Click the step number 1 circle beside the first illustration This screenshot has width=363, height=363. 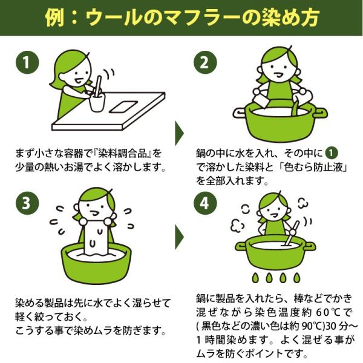click(x=27, y=62)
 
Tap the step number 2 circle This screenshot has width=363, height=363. click(x=205, y=62)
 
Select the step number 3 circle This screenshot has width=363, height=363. click(x=27, y=203)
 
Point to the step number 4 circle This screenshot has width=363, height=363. click(x=205, y=203)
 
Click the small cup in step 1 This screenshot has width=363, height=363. click(x=97, y=102)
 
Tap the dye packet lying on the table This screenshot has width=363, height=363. click(x=123, y=106)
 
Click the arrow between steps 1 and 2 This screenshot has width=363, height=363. click(x=179, y=133)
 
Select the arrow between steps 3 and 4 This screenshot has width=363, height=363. click(x=179, y=237)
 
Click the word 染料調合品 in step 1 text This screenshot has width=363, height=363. click(x=122, y=154)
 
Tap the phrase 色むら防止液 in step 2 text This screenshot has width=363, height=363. click(x=314, y=167)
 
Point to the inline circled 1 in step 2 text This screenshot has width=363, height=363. click(x=332, y=153)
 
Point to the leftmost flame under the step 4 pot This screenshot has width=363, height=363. click(x=255, y=278)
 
